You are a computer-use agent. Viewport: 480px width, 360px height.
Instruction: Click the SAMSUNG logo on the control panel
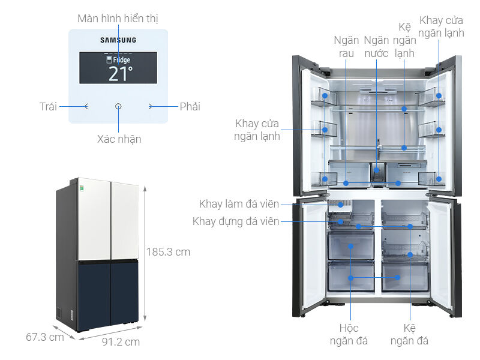pos(118,40)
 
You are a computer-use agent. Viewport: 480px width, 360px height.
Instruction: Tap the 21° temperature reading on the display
pos(120,73)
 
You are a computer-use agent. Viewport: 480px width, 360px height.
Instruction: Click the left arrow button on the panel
pos(86,106)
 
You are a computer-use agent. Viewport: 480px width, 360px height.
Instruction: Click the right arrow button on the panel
pos(151,106)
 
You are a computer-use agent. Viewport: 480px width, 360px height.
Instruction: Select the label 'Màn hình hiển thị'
pos(118,19)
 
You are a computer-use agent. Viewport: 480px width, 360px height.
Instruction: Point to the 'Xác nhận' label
pos(119,139)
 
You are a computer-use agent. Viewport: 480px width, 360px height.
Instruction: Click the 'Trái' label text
pos(48,107)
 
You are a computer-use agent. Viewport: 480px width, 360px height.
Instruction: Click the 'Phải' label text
pos(190,107)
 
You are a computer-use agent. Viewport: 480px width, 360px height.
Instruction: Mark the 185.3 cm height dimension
pos(168,252)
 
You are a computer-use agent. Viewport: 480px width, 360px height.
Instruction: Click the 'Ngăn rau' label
pos(346,46)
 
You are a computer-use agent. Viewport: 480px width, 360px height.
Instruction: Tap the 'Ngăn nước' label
pos(376,46)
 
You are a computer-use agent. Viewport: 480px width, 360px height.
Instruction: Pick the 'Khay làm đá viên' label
pos(239,204)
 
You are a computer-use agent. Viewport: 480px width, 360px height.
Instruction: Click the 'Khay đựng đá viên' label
pos(236,221)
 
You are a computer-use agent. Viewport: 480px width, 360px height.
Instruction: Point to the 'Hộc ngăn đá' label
pos(349,335)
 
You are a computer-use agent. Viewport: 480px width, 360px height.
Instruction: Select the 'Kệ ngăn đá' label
pos(409,335)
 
